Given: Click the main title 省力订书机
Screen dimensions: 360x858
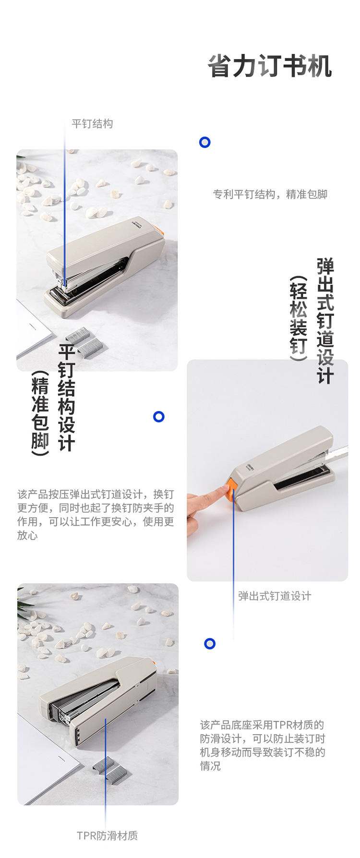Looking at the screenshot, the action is pos(270,66).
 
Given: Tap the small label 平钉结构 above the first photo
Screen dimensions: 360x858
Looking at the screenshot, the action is pos(92,124).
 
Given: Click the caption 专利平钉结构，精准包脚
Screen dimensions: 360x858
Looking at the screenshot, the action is pos(270,194).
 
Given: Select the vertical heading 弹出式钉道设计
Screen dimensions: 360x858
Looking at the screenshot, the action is pos(325,321).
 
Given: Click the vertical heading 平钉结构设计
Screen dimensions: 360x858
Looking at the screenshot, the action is pos(67,397).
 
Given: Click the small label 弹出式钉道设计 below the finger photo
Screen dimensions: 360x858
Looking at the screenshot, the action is pos(275,596).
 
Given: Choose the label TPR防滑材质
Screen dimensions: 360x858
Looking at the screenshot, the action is pos(107,836).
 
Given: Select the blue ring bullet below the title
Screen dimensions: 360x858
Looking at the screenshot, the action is pos(205,142).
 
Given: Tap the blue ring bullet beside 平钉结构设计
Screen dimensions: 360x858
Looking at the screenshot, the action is pos(159,417).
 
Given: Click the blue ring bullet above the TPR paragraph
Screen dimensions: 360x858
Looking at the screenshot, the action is pos(210,644).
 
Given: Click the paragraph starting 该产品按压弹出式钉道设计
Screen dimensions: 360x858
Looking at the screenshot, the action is pos(96,515).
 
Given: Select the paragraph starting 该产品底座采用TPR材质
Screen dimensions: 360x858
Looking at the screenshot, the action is pos(263,745).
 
